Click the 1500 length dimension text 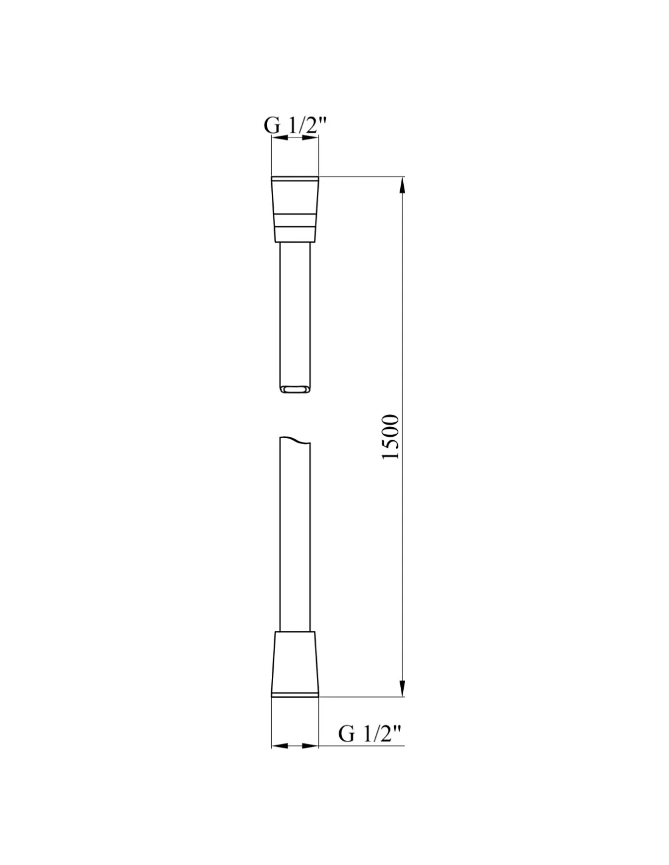pyautogui.click(x=389, y=437)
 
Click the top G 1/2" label pyautogui.click(x=295, y=126)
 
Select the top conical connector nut pyautogui.click(x=295, y=209)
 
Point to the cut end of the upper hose pyautogui.click(x=295, y=389)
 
